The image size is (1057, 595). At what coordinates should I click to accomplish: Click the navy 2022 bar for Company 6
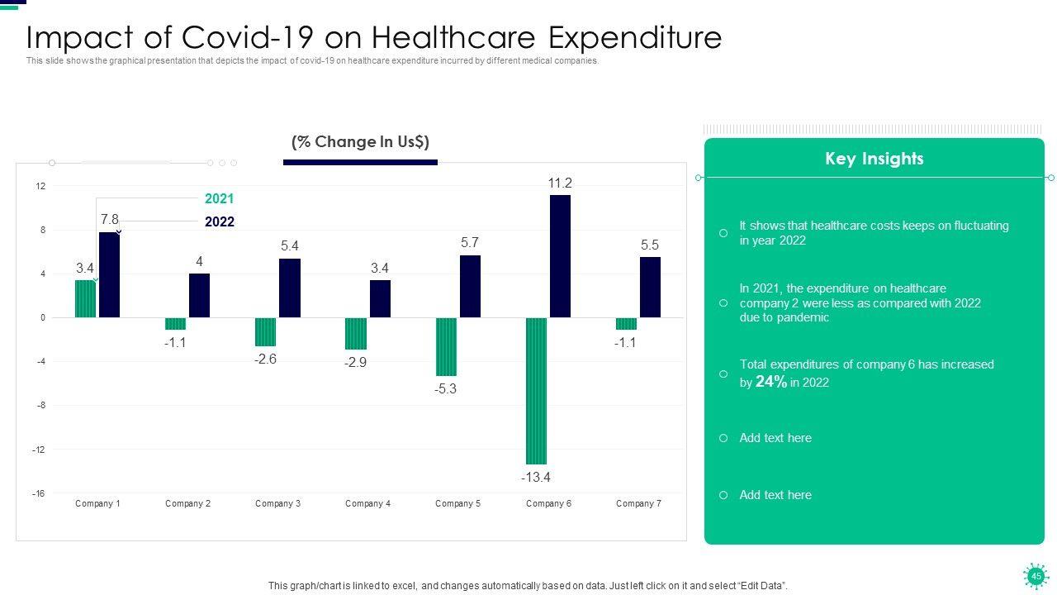point(560,256)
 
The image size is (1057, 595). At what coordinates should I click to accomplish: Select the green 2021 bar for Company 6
point(536,391)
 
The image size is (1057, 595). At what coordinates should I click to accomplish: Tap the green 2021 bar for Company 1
point(85,299)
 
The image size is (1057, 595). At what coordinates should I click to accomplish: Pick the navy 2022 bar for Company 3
point(290,288)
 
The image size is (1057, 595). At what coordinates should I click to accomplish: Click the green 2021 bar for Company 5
point(446,347)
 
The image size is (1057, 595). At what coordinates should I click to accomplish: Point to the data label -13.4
point(535,478)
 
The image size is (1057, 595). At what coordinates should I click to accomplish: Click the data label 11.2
point(560,183)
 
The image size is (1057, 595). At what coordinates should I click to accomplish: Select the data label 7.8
point(110,219)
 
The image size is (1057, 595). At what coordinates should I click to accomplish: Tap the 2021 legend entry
point(220,198)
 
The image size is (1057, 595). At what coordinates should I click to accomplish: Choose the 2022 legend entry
point(220,221)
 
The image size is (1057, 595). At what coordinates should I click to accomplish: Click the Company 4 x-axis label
point(368,503)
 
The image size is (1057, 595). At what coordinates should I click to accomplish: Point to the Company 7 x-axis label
point(638,503)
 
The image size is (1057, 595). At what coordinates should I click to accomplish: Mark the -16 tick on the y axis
point(39,493)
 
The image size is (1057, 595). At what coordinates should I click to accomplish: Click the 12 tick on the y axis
point(40,187)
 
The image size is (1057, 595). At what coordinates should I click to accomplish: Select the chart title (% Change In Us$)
point(360,142)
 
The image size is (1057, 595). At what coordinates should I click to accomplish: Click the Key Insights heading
point(874,159)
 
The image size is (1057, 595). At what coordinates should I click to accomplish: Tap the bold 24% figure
point(771,381)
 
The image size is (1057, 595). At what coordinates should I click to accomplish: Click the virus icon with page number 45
point(1035,575)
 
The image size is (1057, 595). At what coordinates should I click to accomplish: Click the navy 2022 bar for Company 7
point(650,288)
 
